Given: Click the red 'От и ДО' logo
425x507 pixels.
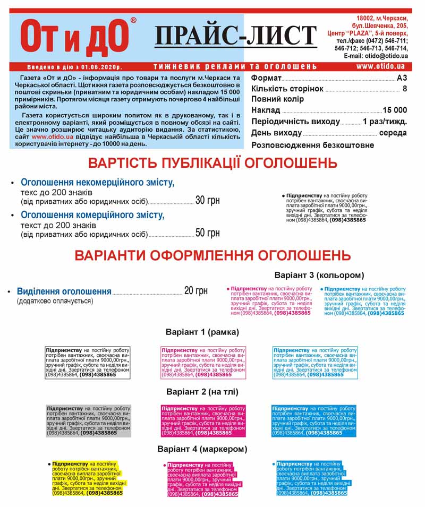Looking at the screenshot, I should pos(75,38).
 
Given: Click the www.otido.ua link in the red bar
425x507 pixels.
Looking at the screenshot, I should pos(380,67).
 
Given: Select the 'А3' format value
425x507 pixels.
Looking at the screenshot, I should pos(402,78).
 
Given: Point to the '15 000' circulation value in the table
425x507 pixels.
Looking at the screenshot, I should pos(395,110).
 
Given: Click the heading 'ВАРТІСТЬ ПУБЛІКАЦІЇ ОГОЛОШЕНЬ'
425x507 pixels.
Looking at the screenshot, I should pos(212,162).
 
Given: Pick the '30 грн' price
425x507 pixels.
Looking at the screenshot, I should pos(207,201).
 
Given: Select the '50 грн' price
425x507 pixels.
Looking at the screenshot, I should pos(207,233).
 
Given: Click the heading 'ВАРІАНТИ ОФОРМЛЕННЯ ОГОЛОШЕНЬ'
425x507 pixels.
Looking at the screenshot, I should pos(212,255).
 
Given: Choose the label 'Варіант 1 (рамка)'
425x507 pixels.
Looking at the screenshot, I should pos(202,332).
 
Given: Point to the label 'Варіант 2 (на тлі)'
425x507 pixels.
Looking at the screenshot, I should pos(202,392).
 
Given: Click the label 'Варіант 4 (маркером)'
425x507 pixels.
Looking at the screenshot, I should pos(202,449).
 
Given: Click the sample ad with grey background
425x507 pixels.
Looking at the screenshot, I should pos(88,420).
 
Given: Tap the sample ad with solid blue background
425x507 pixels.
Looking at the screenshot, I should pos(313,420).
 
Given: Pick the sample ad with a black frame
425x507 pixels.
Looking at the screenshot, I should pos(88,362).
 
